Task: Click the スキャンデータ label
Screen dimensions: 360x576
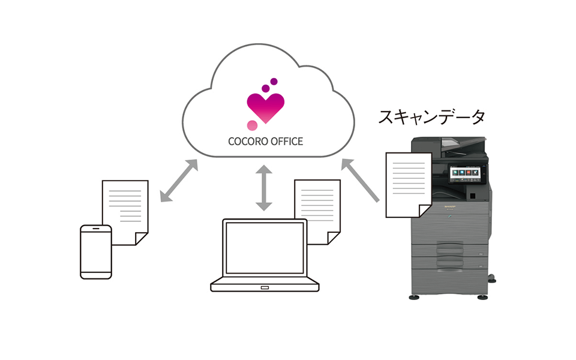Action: coord(431,117)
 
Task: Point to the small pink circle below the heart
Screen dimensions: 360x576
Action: coord(253,125)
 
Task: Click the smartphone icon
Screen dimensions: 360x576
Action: coord(96,252)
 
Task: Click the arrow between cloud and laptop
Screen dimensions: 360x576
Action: coord(264,188)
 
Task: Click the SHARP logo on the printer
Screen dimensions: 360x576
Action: coord(450,206)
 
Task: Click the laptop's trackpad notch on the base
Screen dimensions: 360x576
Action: coord(265,288)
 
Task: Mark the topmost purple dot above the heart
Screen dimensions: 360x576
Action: coord(274,81)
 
